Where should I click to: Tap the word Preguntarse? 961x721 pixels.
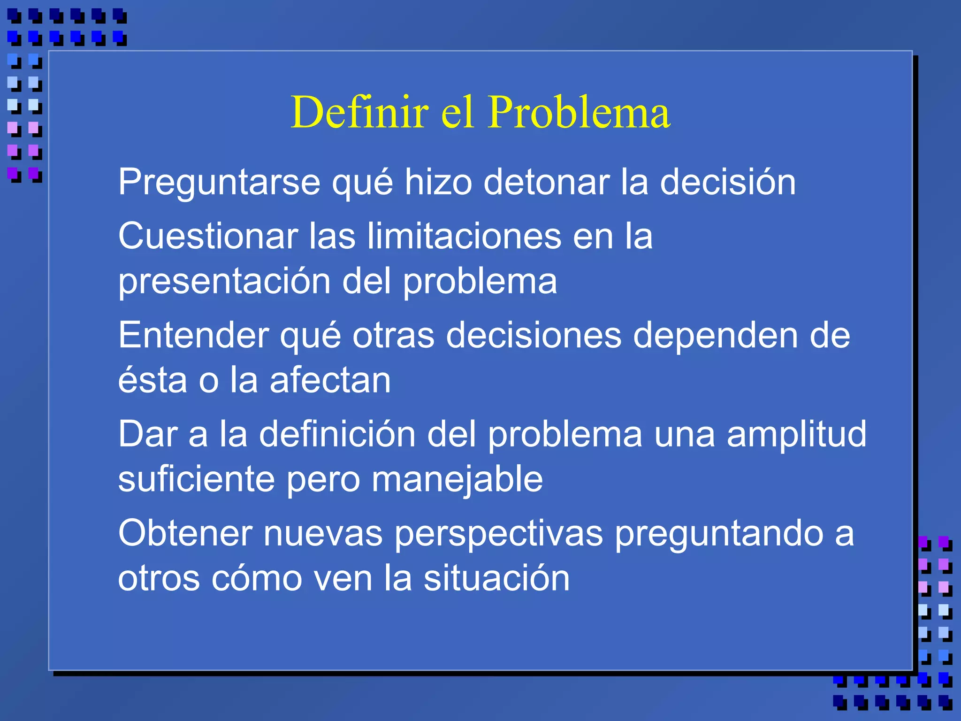tap(219, 182)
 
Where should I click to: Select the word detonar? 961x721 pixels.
tap(546, 182)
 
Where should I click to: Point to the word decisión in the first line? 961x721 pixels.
tap(728, 182)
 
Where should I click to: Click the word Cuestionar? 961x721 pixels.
tap(208, 236)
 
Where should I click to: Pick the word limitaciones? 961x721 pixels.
tap(464, 236)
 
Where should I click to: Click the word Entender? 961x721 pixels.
tap(193, 335)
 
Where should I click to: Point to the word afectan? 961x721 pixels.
tap(330, 380)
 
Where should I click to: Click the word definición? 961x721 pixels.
tap(337, 434)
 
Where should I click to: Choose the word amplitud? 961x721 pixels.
tap(796, 434)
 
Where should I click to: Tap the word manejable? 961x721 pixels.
tap(458, 479)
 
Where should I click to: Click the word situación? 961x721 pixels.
tap(496, 578)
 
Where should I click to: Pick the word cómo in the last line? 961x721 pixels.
tap(257, 578)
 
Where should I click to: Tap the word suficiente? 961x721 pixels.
tap(196, 479)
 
